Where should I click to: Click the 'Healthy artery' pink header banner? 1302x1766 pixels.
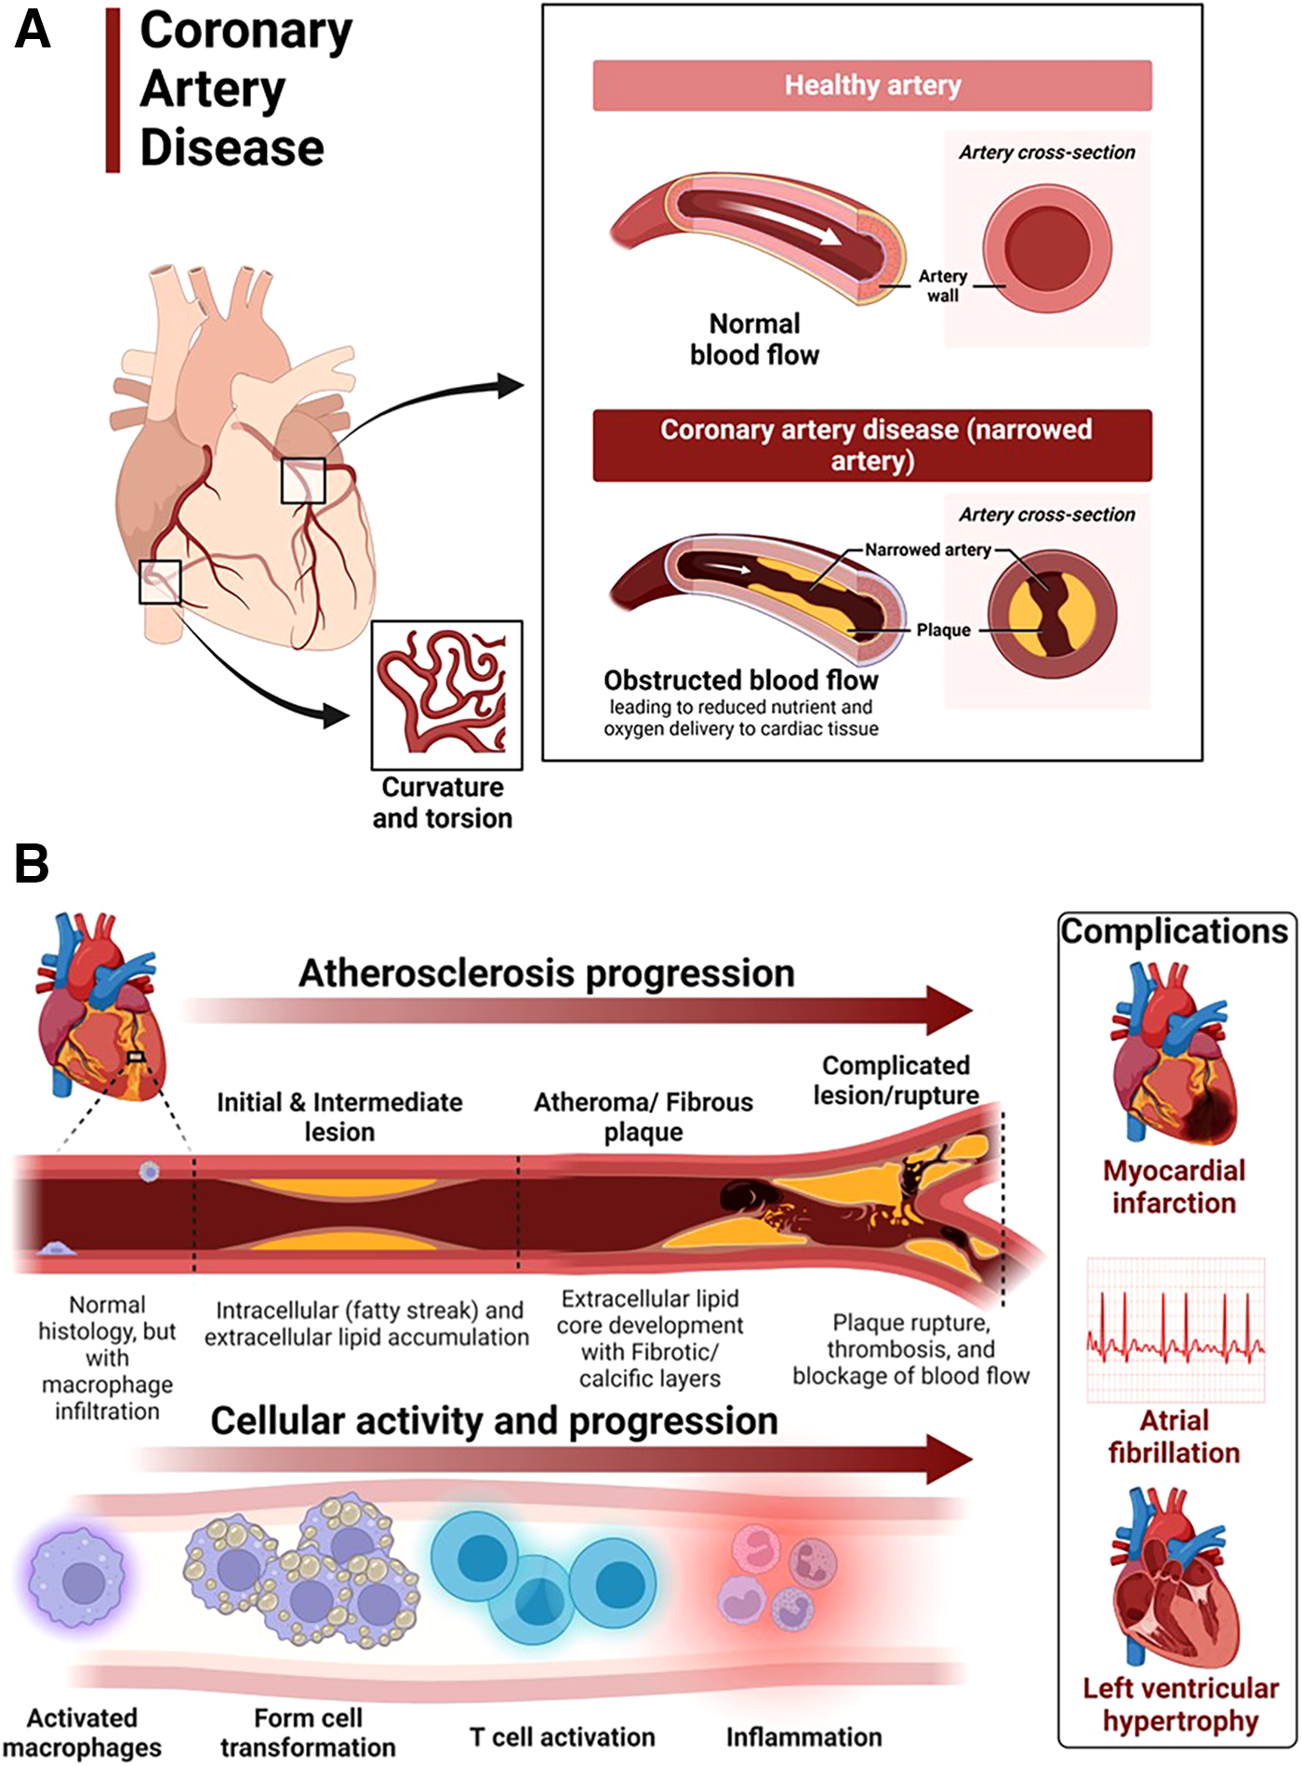tap(872, 86)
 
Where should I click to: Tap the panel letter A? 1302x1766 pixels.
tap(33, 30)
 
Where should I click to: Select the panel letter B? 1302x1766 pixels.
tap(31, 863)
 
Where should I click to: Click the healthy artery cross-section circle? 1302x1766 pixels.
tap(1048, 248)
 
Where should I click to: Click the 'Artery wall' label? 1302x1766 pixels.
tap(942, 285)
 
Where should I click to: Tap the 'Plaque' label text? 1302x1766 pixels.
tap(943, 631)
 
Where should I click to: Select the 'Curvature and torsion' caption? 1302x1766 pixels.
tap(443, 802)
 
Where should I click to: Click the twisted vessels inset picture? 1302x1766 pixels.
tap(446, 694)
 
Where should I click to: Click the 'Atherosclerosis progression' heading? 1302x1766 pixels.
tap(547, 974)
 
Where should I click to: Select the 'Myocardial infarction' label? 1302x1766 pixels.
tap(1174, 1187)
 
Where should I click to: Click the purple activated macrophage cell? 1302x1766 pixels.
tap(84, 1581)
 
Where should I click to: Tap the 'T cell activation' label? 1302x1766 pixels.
tap(562, 1737)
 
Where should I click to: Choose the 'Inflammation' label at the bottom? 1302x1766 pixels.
tap(804, 1737)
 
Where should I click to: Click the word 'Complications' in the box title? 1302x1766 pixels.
tap(1174, 932)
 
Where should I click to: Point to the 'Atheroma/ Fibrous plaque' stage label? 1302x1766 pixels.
tap(643, 1117)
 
